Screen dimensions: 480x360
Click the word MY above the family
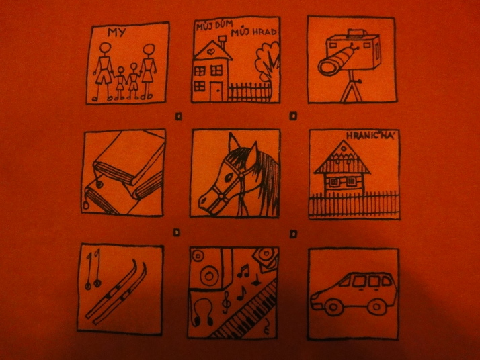click(116, 32)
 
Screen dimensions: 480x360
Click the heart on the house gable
click(210, 52)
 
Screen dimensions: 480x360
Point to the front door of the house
click(216, 91)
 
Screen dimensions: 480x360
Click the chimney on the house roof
click(223, 42)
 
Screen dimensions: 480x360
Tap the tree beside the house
click(268, 62)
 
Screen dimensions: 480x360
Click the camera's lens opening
click(327, 67)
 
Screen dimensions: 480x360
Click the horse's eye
click(229, 177)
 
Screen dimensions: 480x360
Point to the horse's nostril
click(202, 202)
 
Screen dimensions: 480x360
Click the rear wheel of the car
click(376, 306)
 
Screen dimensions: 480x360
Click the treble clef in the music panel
click(226, 302)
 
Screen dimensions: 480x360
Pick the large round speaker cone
click(209, 275)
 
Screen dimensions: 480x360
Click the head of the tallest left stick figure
click(106, 48)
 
